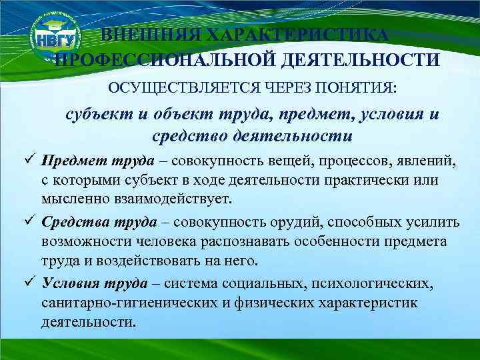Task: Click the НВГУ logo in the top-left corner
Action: (x=57, y=39)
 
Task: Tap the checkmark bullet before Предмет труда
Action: (x=27, y=161)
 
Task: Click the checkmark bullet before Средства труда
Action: (x=27, y=222)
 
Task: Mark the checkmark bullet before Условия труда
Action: (x=27, y=283)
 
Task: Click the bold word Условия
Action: (x=71, y=283)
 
